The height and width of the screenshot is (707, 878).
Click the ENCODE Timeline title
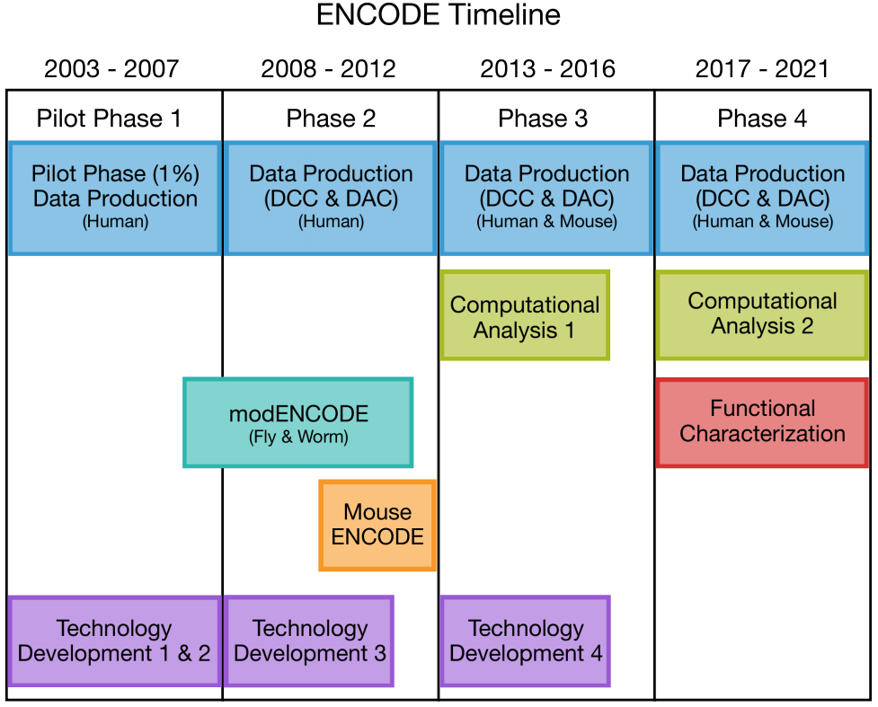click(x=438, y=14)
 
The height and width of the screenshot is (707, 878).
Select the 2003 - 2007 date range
click(x=111, y=69)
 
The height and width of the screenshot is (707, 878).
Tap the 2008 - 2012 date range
click(x=328, y=69)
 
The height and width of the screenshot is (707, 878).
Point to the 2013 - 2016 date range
click(x=547, y=69)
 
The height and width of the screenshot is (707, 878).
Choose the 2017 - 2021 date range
click(x=762, y=69)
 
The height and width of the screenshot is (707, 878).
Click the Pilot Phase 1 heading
click(x=110, y=119)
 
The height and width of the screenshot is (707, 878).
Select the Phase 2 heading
click(x=331, y=119)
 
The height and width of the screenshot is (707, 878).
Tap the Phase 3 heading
click(x=543, y=119)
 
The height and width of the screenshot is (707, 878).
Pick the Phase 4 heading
click(x=762, y=119)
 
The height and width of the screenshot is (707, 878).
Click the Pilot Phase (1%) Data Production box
click(x=115, y=199)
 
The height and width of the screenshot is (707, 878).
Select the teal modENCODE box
click(x=297, y=422)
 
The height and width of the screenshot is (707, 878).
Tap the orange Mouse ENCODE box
click(x=377, y=525)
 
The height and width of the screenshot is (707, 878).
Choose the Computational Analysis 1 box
click(x=525, y=315)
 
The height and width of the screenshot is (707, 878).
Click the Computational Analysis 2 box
click(x=762, y=315)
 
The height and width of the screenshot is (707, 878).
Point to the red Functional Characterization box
click(x=762, y=422)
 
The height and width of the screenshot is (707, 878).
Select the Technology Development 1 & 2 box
click(x=115, y=641)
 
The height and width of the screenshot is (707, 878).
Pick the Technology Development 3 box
click(x=309, y=641)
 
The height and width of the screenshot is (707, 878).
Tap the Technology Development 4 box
click(x=525, y=641)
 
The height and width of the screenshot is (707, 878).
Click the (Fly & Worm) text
click(x=298, y=437)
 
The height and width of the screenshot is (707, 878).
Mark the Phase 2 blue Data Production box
click(x=331, y=199)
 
